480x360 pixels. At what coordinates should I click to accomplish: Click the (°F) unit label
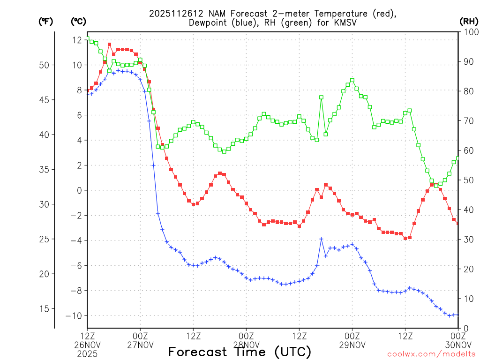(45, 22)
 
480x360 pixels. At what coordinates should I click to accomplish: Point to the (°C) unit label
(78, 22)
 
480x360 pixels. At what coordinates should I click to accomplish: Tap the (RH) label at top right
(468, 22)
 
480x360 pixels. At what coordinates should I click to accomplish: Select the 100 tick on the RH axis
(469, 32)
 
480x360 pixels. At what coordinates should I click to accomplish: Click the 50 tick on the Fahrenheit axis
(46, 65)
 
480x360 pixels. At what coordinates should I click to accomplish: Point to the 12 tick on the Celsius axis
(77, 40)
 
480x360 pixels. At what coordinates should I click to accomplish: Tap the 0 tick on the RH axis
(465, 328)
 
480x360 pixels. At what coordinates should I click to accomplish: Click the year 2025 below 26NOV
(87, 354)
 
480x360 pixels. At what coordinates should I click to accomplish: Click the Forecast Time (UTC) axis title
(240, 352)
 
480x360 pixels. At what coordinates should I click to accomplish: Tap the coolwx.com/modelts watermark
(431, 354)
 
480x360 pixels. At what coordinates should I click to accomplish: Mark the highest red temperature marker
(109, 45)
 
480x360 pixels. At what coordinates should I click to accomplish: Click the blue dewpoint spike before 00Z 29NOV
(321, 239)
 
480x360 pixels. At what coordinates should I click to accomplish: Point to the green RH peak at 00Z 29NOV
(352, 80)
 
